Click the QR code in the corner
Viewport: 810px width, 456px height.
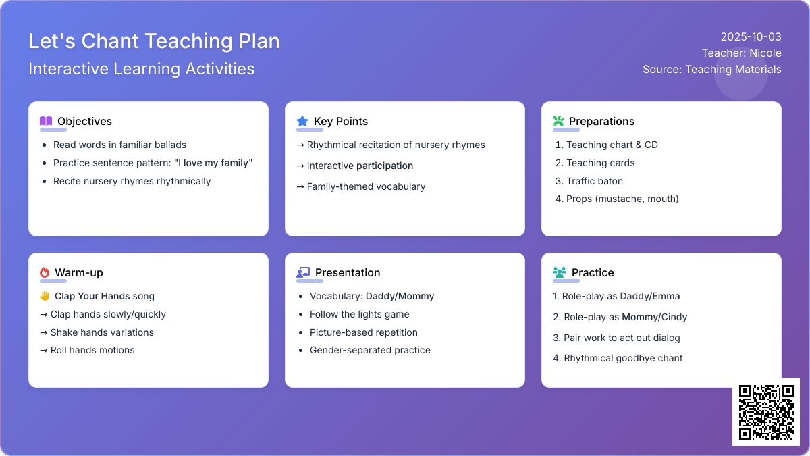pos(766,412)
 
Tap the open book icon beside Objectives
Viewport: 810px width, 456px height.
pos(46,121)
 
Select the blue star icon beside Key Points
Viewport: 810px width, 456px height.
pos(302,121)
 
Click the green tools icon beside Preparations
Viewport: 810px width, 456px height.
pos(558,121)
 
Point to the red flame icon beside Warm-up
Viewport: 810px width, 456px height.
pos(45,272)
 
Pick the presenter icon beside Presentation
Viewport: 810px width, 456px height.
pos(303,272)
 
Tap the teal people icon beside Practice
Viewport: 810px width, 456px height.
pos(560,272)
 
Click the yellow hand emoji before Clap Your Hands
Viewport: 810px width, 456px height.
pos(45,296)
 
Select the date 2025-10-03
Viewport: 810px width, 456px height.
pos(751,36)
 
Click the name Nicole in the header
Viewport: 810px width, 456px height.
pos(765,53)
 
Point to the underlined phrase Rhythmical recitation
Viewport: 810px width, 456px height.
pos(354,145)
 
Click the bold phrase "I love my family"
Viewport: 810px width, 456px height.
pos(213,163)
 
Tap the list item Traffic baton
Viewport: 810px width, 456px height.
pos(595,181)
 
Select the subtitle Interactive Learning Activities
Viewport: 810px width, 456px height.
pos(141,69)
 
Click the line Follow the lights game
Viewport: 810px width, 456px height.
pos(359,314)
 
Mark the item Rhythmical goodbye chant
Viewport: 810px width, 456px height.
pos(623,358)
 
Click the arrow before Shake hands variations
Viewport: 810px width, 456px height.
pos(44,332)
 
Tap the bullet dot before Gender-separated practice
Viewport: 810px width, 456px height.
pos(301,351)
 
